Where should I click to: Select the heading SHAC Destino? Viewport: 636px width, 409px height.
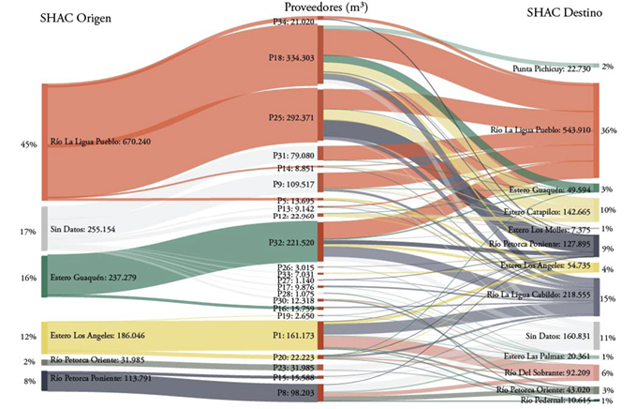pos(564,15)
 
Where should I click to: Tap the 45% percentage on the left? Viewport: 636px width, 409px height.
pos(28,144)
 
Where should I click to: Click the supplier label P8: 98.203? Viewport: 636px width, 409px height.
pos(291,394)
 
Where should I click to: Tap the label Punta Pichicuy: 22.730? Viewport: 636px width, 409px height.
pos(552,68)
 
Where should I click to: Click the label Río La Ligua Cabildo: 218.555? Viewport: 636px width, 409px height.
pos(538,294)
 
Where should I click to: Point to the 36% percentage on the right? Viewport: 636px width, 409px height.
pos(609,130)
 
